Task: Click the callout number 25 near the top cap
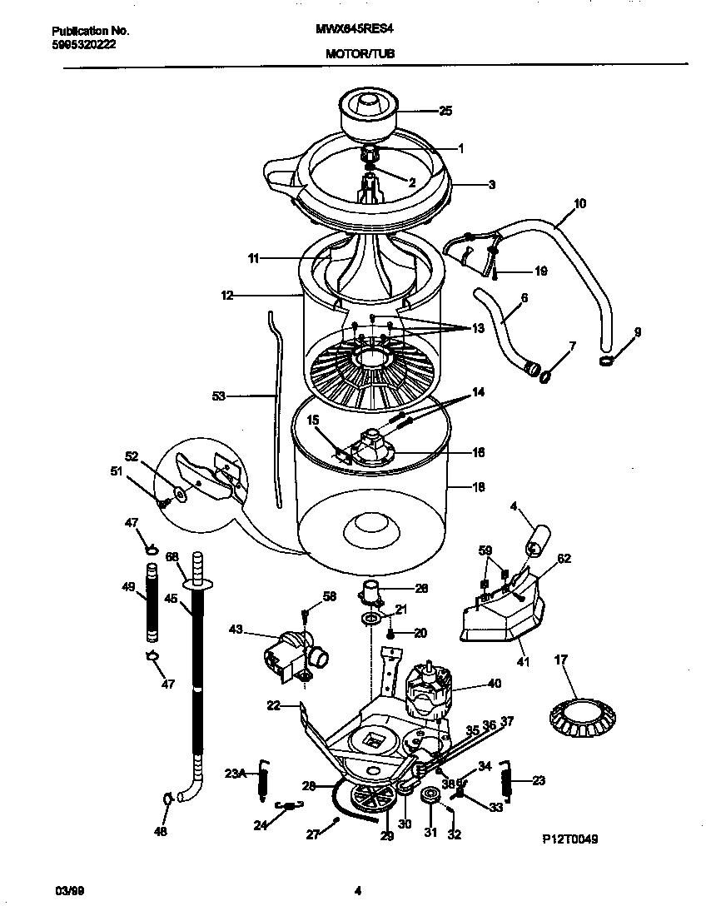(445, 110)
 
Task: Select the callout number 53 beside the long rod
(219, 397)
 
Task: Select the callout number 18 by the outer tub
(479, 487)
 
